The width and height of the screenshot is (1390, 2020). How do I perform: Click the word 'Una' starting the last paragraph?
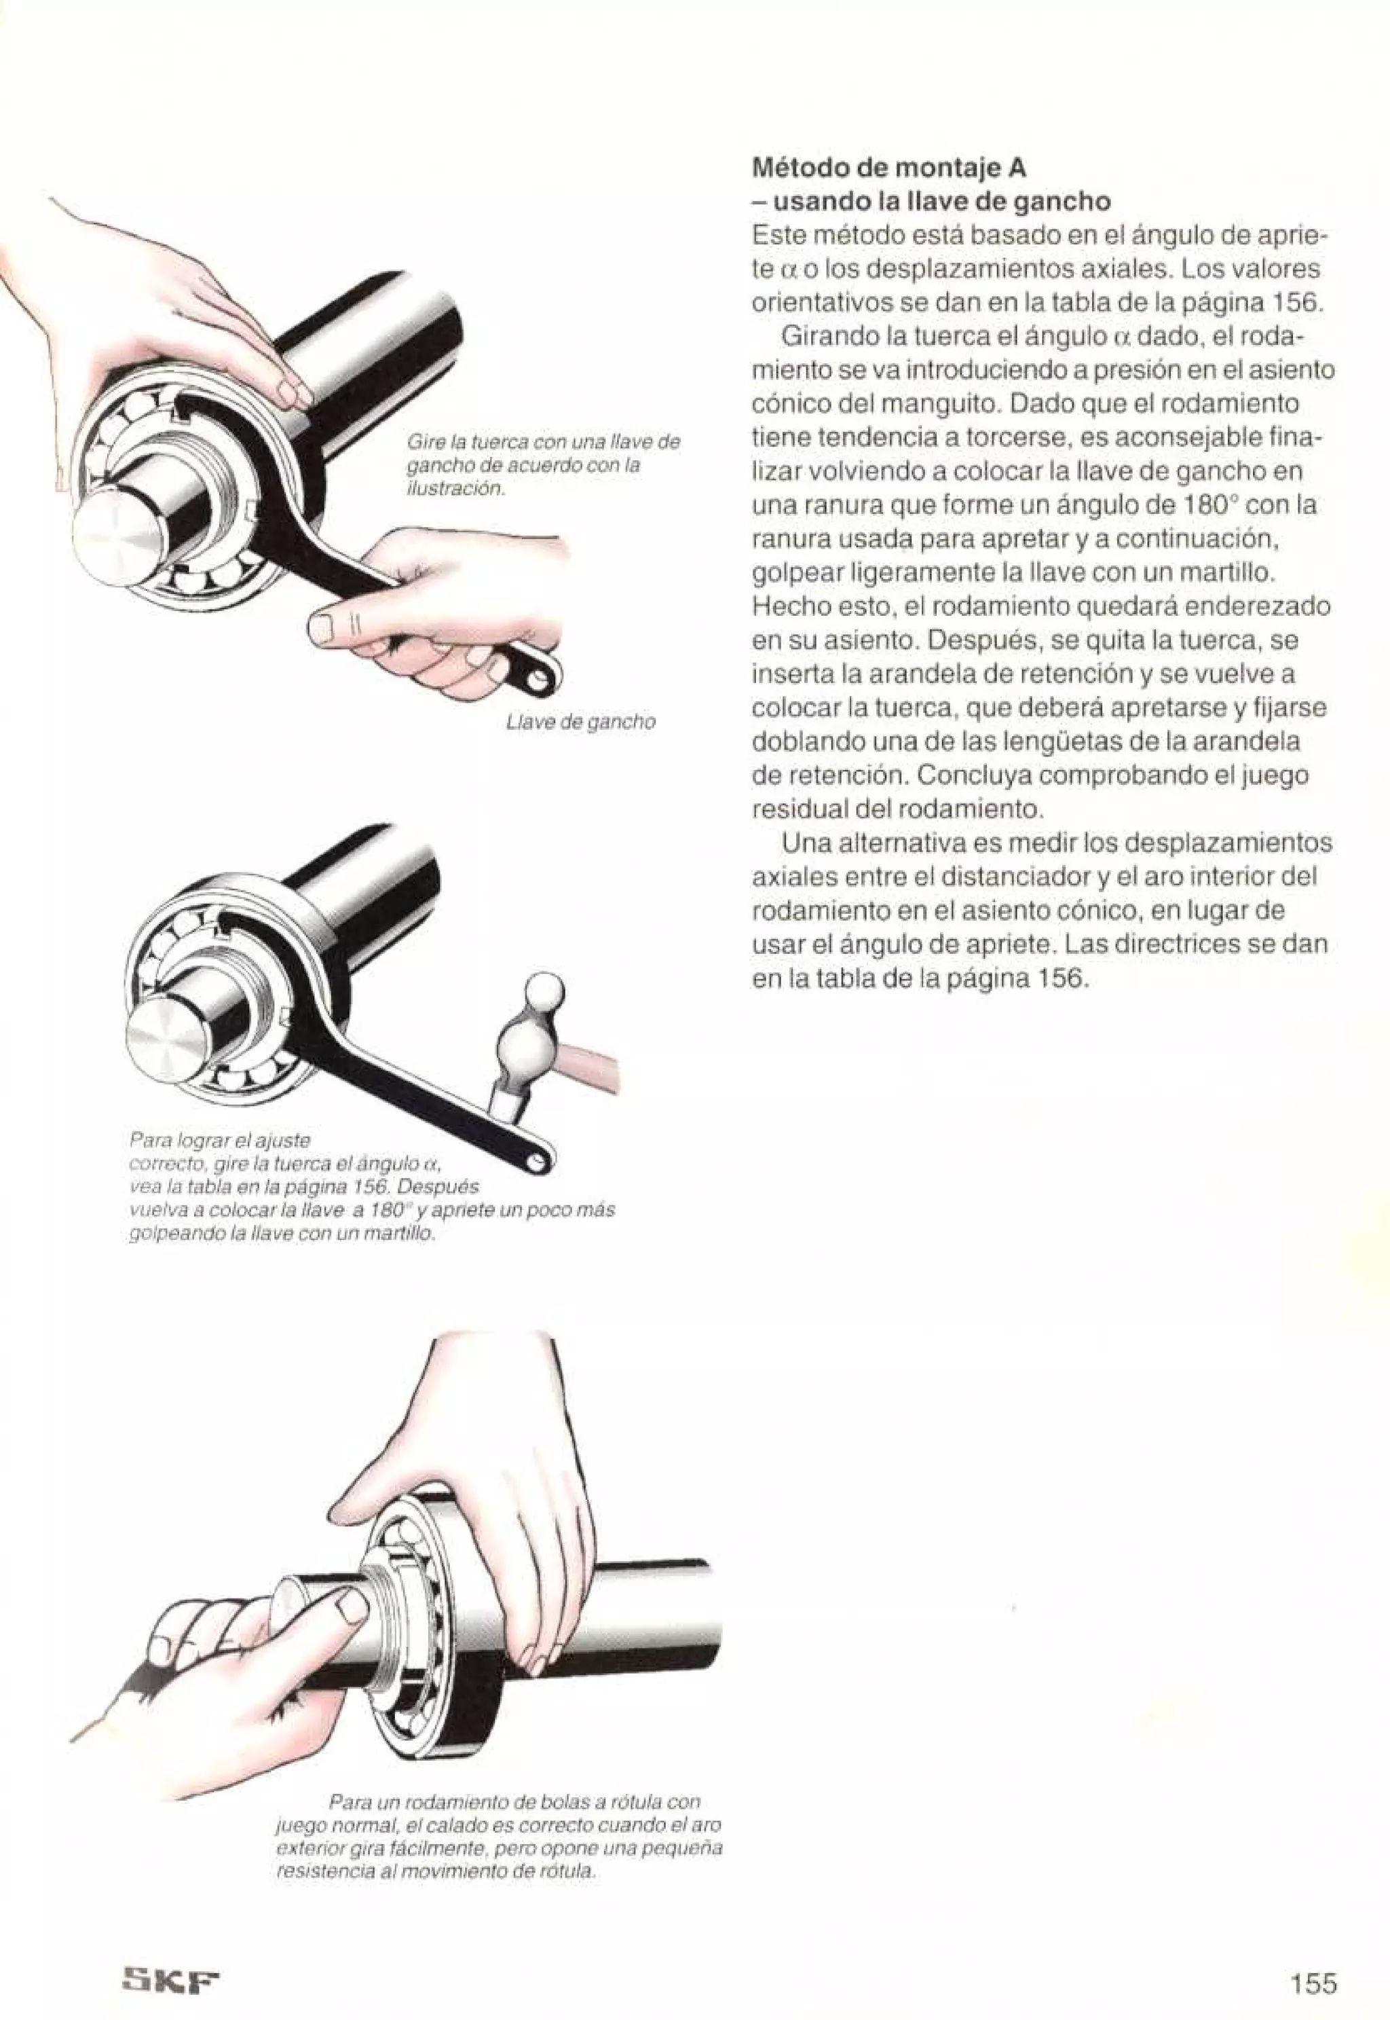[806, 843]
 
